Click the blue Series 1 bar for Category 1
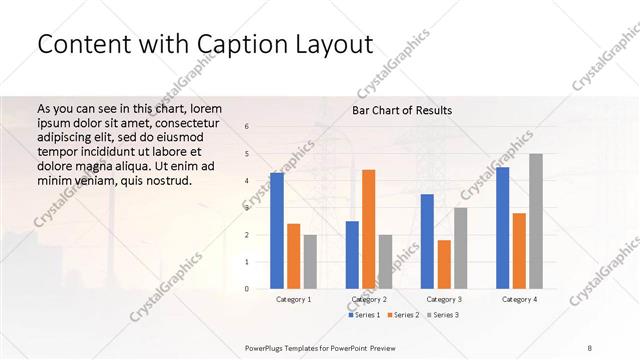(x=277, y=230)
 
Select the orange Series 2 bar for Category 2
(x=369, y=229)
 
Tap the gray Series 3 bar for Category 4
(x=536, y=221)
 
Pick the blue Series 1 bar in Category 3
(x=427, y=241)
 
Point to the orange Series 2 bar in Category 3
(x=444, y=264)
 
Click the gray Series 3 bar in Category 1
(x=310, y=261)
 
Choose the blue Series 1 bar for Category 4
(x=502, y=228)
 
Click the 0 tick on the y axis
(x=247, y=289)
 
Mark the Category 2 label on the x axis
(x=369, y=300)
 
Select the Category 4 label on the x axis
(x=519, y=300)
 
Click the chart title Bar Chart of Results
(x=402, y=110)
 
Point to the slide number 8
(x=589, y=347)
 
